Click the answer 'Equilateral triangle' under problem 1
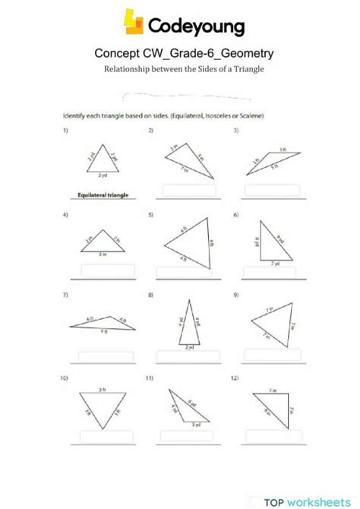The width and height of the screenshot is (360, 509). (103, 194)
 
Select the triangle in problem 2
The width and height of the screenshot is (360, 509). (186, 161)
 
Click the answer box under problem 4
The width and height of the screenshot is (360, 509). (108, 270)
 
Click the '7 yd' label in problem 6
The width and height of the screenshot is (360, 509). (275, 262)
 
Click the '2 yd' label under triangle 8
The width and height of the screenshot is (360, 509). (189, 346)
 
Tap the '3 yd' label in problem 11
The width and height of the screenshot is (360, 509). (196, 424)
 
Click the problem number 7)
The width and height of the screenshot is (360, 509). (67, 294)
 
